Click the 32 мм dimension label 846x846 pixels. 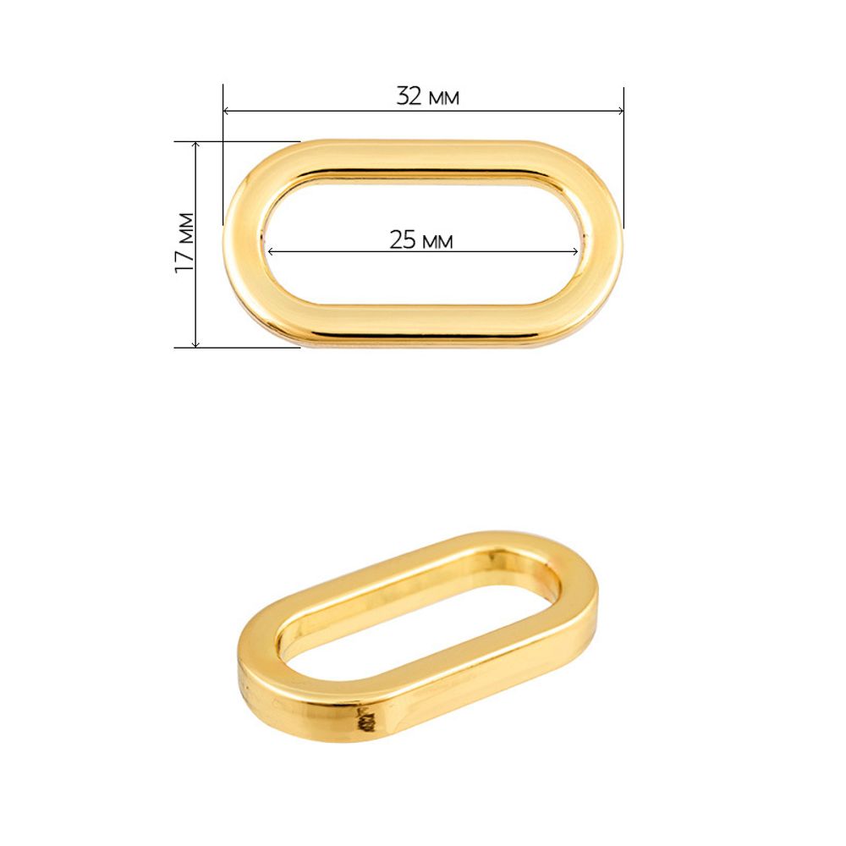(x=427, y=96)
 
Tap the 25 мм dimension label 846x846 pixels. (x=420, y=239)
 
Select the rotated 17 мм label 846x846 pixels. (x=184, y=243)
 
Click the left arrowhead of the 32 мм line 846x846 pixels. (x=227, y=111)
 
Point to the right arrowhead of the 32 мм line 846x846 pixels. (x=620, y=111)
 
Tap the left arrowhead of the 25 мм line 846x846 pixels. (x=272, y=251)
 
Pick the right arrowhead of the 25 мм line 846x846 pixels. (x=574, y=251)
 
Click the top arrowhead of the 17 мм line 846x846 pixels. (x=195, y=146)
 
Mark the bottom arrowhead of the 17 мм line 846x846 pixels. (x=195, y=343)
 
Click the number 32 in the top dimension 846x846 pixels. (x=409, y=96)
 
